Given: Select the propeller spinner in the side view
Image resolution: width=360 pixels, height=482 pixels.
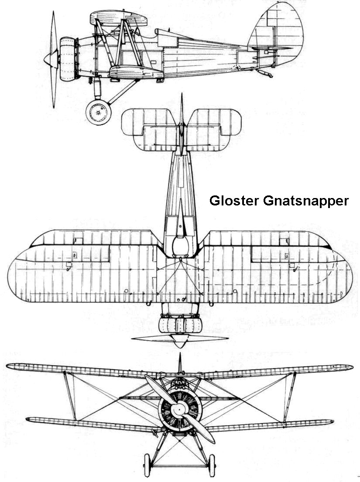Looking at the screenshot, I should click(49, 57).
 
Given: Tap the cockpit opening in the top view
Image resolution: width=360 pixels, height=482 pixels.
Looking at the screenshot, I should click(180, 245).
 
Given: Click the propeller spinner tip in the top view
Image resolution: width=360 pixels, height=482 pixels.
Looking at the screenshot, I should click(179, 346).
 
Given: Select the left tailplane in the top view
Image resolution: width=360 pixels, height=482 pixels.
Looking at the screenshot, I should click(148, 129).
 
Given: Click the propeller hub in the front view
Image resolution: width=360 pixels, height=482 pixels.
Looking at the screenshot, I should click(178, 410).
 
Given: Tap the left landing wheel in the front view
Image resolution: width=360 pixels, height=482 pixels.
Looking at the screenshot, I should click(147, 465).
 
